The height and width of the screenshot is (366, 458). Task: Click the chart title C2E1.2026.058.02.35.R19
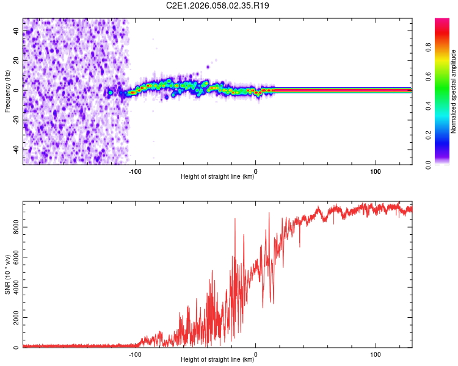pos(218,5)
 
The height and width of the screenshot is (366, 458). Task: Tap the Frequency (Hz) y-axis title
pos(7,91)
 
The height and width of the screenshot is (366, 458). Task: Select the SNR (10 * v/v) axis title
pos(7,275)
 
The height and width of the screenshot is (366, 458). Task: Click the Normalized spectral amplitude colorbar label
pos(453,91)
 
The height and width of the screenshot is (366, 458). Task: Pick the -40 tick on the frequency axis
pos(16,149)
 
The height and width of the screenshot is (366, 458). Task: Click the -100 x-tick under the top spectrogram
pos(135,170)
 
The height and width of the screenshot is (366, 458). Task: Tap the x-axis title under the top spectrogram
pos(217,177)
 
